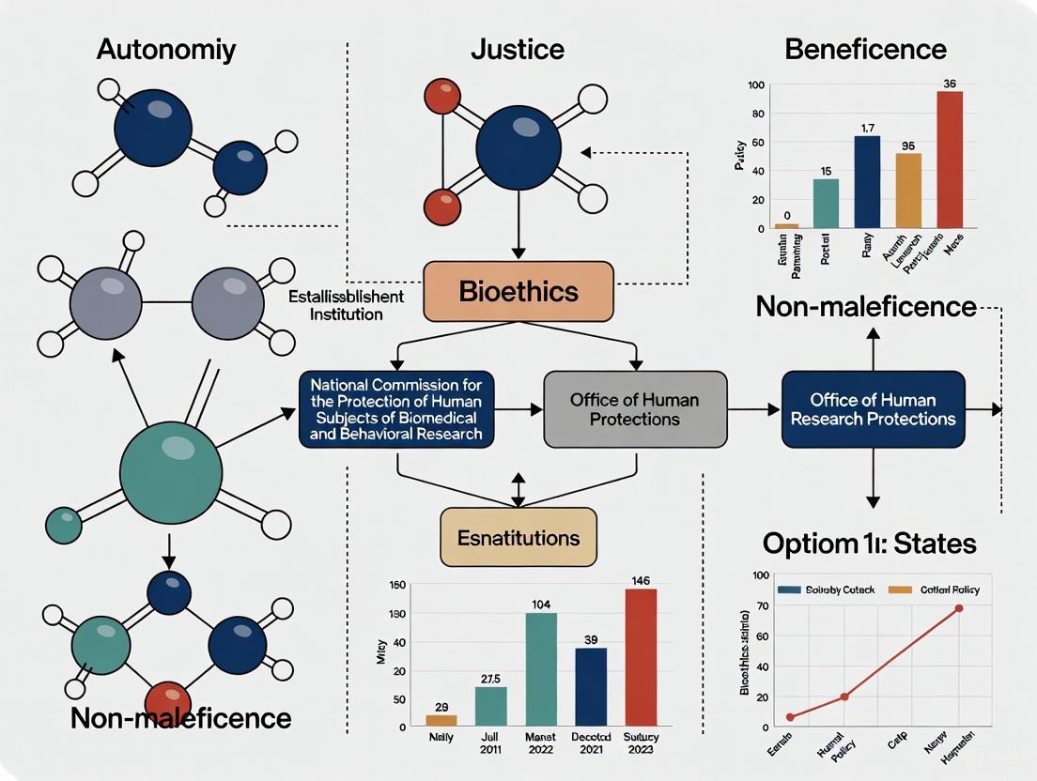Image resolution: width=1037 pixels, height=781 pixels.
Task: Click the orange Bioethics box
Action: pos(518,291)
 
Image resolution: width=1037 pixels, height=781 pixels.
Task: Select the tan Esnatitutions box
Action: pos(518,538)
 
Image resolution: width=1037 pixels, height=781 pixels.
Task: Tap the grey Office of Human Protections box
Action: pos(635,409)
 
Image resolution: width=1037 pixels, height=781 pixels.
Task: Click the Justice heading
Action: pos(518,49)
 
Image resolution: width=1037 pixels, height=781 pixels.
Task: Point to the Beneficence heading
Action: pos(865,49)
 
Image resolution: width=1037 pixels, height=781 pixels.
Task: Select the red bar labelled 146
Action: pos(642,657)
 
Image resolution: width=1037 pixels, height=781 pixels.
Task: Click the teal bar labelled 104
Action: pos(540,669)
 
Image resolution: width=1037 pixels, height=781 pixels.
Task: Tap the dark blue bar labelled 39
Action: pos(591,687)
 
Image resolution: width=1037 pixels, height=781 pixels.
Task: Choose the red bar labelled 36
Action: pos(950,160)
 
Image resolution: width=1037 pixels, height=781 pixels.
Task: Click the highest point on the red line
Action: pos(959,608)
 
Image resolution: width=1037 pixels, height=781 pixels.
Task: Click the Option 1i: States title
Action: pos(869,543)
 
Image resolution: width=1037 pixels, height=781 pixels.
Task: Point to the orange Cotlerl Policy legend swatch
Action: pos(900,590)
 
